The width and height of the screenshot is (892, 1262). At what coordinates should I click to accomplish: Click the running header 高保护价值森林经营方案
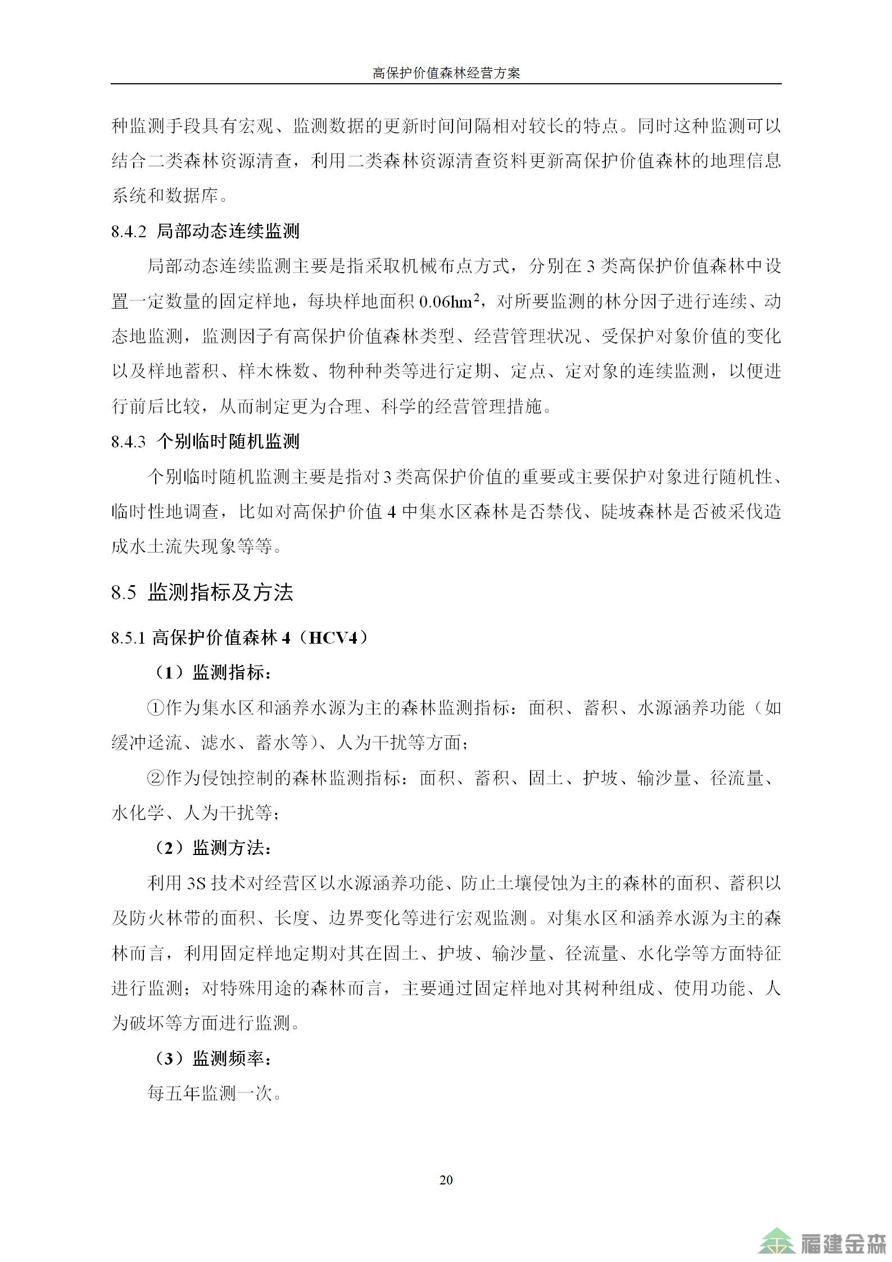(x=446, y=73)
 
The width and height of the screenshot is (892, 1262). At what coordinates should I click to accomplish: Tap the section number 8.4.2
(x=129, y=232)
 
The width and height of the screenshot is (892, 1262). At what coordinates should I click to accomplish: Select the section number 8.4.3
(x=129, y=442)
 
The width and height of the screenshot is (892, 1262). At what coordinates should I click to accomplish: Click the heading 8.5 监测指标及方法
(x=202, y=592)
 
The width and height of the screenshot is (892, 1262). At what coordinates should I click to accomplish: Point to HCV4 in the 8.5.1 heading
(x=333, y=637)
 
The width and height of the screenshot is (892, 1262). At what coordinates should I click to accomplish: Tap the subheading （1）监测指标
(x=214, y=672)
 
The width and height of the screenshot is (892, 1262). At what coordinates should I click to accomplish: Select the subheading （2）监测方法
(x=214, y=848)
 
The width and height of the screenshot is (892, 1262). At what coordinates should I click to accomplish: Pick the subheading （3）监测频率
(x=214, y=1059)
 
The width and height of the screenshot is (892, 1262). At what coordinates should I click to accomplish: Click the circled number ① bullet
(x=155, y=708)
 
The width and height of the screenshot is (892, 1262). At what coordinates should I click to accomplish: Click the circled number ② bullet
(x=155, y=778)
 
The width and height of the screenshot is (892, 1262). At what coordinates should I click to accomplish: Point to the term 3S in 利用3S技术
(x=196, y=884)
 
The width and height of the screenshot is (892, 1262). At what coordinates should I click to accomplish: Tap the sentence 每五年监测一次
(x=214, y=1093)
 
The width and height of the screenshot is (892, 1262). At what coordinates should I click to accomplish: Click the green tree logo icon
(x=776, y=1241)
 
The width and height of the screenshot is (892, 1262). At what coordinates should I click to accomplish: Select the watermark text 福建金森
(x=843, y=1243)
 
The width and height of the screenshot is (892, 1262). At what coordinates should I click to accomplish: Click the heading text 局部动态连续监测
(x=228, y=231)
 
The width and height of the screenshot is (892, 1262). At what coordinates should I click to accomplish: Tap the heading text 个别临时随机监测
(x=228, y=441)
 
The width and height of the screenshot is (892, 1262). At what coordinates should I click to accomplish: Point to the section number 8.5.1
(x=129, y=638)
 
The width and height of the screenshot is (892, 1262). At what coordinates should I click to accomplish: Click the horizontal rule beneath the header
(x=446, y=84)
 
